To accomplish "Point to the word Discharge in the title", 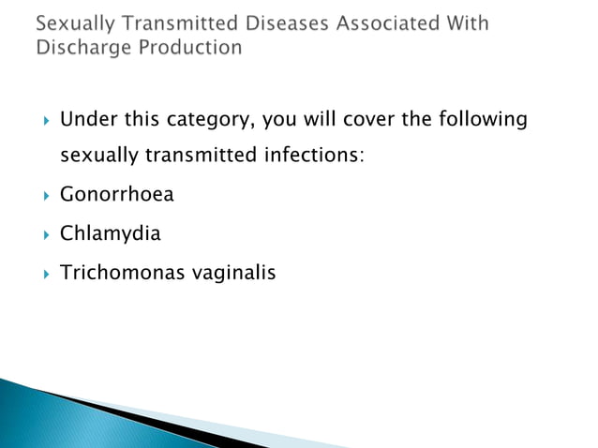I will pos(82,47).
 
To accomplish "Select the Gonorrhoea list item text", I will pos(116,195).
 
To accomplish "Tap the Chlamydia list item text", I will pos(110,233).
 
